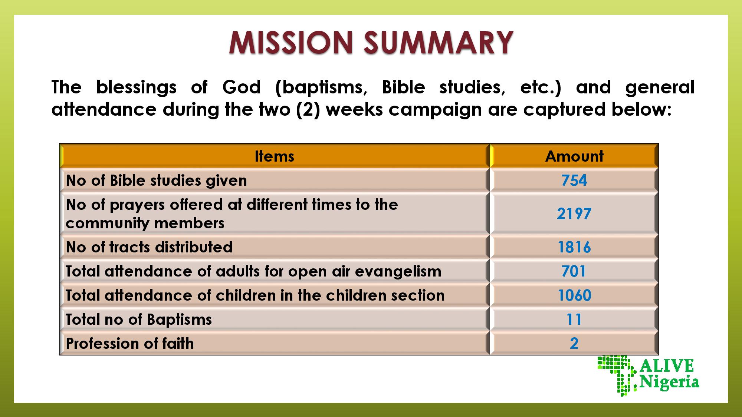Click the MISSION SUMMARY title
[x=371, y=42]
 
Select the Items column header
[x=275, y=156]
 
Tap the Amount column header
[x=574, y=156]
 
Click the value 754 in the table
[x=574, y=181]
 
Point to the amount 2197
[x=574, y=214]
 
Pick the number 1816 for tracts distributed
[x=574, y=247]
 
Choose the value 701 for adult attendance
[x=574, y=271]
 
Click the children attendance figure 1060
[x=574, y=295]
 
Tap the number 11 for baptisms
[x=574, y=320]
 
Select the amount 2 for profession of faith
[x=574, y=344]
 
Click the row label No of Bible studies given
[x=156, y=181]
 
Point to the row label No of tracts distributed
[x=149, y=247]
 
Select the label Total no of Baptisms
[x=139, y=320]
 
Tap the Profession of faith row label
[x=130, y=344]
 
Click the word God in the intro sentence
[x=242, y=87]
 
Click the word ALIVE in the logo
[x=667, y=366]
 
